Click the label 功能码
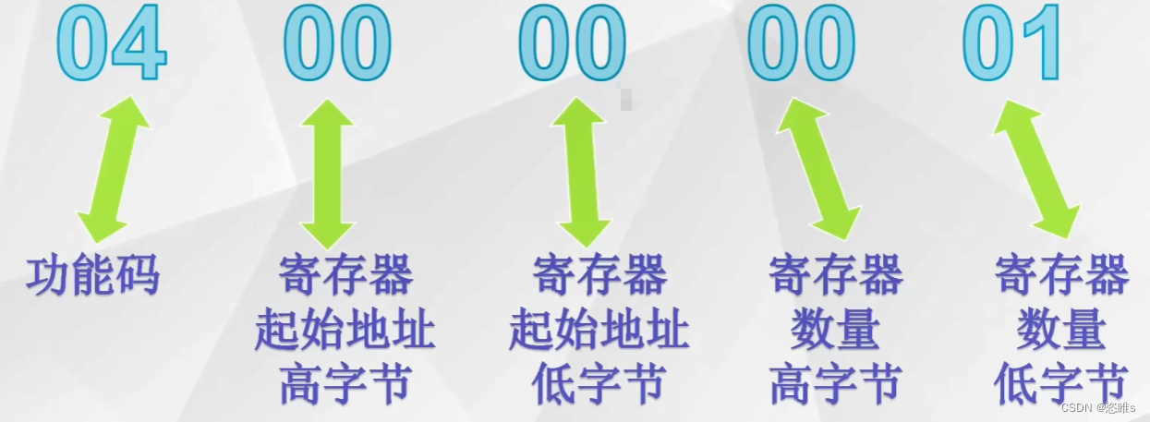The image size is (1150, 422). pyautogui.click(x=93, y=275)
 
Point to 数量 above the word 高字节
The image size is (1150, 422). pyautogui.click(x=835, y=331)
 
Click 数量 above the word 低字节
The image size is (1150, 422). pyautogui.click(x=1061, y=331)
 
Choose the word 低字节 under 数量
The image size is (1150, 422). pyautogui.click(x=1061, y=384)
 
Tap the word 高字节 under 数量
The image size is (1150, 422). pyautogui.click(x=835, y=384)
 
